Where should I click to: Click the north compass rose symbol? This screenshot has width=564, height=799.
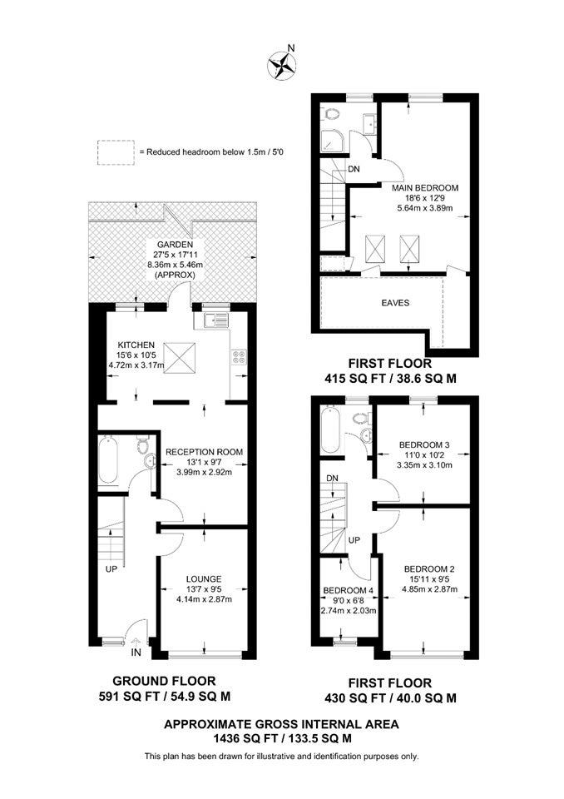(282, 66)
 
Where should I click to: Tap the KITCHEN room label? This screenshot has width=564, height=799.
(136, 345)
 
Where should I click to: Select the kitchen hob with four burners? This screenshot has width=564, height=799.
(239, 357)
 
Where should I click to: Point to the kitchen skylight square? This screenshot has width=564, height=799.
(180, 358)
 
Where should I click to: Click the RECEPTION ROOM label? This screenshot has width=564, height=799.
(204, 452)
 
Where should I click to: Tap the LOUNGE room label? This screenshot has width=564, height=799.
(204, 579)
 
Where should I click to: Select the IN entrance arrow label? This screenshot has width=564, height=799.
(136, 653)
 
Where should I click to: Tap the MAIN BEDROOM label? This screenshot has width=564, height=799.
(425, 187)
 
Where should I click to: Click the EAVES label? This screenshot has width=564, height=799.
(395, 303)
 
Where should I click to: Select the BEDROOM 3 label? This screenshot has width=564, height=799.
(424, 444)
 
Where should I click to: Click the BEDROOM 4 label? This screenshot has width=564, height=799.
(349, 591)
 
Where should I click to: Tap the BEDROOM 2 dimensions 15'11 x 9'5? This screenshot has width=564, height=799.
(429, 579)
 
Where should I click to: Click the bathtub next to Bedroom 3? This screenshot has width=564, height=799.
(330, 429)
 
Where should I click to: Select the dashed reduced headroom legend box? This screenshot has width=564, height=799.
(116, 152)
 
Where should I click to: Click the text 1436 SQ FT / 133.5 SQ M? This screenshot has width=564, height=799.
(282, 738)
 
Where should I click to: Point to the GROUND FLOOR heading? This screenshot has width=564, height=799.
(164, 681)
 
